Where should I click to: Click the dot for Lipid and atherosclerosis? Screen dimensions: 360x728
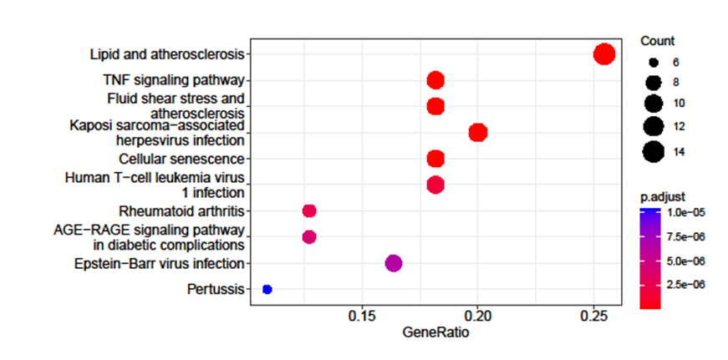coord(604,54)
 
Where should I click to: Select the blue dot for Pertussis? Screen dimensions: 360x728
coord(267,289)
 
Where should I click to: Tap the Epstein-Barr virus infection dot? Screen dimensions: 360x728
coord(393,263)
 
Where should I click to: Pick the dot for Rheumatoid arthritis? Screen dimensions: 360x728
coord(308,210)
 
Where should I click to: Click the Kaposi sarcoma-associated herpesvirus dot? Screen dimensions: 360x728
coord(478,133)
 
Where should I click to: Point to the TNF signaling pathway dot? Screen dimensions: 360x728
coord(435,80)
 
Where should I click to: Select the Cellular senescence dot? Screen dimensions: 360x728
coord(435,159)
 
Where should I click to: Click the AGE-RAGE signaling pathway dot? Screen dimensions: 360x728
coord(308,237)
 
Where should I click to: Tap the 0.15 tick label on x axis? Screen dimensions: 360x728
coord(361,317)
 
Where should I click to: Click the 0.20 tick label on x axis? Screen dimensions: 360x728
coord(477,317)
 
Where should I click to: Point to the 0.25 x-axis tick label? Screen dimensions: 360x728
coord(593,317)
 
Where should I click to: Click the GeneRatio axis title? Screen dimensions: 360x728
coord(435,332)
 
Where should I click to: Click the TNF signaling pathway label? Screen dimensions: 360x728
coord(173,80)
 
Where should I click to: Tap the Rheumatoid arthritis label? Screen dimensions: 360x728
coord(181,210)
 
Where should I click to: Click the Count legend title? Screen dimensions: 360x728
coord(658,41)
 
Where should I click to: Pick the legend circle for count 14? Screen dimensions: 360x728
coord(653,152)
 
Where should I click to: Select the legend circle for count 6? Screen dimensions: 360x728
coord(653,63)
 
